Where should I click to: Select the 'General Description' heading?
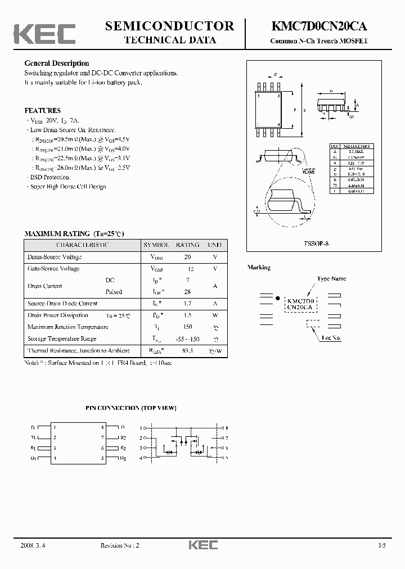click(x=56, y=64)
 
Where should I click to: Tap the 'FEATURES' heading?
click(x=42, y=111)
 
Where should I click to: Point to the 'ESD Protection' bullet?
click(x=50, y=177)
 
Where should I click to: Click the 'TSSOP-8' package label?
click(x=316, y=244)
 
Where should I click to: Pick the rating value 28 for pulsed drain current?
click(x=187, y=292)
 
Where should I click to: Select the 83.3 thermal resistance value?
click(x=187, y=351)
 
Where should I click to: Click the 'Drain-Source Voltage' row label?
click(x=55, y=257)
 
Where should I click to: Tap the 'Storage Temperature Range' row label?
click(x=62, y=339)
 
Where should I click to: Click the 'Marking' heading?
click(x=259, y=268)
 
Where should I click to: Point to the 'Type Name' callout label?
click(x=331, y=279)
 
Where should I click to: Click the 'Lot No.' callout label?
click(x=331, y=338)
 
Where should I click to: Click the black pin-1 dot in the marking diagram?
click(x=277, y=295)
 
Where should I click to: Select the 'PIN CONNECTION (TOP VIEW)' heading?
click(x=131, y=407)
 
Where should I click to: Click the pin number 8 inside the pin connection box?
click(x=102, y=428)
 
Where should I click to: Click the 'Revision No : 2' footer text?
click(x=119, y=546)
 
